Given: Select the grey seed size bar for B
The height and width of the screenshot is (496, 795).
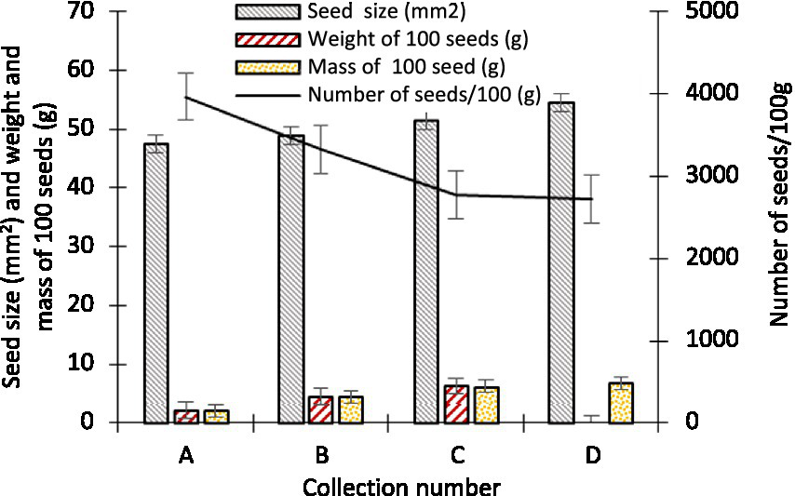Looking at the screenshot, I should (291, 279).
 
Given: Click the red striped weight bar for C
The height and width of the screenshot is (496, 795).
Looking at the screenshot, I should (456, 404).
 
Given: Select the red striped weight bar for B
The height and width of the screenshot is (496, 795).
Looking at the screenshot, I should (321, 409).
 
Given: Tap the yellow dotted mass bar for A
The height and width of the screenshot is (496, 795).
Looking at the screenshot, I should (216, 416).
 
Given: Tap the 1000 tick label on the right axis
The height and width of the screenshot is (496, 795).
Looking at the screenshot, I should (709, 341).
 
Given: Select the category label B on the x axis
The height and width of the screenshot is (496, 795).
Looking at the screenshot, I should (321, 455).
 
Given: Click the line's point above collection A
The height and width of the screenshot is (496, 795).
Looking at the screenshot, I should (186, 97).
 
